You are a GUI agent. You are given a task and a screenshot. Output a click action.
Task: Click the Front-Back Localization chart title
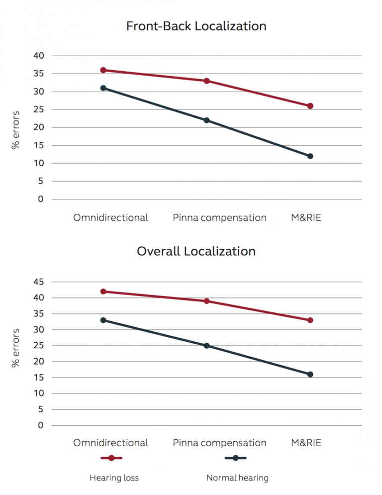196,26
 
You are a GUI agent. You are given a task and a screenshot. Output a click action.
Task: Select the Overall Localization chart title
196,251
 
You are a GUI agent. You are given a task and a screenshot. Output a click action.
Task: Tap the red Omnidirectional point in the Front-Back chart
103,70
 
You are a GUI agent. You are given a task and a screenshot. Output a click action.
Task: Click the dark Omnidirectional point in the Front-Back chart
103,88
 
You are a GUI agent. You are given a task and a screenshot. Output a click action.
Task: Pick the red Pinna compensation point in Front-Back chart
207,81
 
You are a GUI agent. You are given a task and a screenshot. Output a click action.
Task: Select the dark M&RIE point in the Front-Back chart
310,156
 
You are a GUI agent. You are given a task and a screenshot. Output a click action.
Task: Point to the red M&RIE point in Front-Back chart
310,106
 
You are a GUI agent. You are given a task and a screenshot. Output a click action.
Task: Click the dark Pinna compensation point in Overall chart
207,346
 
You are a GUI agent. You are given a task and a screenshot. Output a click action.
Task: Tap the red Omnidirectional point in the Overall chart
103,292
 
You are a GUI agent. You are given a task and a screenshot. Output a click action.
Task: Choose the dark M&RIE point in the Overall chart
310,375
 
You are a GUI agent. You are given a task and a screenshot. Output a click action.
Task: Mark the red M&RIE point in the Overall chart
310,320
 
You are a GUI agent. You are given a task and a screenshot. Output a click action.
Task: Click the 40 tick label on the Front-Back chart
39,56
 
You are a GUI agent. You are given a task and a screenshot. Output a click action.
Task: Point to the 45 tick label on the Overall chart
39,282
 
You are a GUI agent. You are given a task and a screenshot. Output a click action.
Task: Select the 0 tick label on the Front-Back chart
41,199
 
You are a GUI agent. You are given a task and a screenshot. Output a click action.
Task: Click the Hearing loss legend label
114,478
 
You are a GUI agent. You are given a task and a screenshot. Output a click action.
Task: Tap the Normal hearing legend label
237,478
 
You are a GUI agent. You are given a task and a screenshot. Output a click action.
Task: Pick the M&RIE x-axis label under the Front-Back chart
306,218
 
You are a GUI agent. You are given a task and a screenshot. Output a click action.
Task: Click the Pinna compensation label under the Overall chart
219,443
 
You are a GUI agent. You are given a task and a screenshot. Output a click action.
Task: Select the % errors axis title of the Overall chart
15,348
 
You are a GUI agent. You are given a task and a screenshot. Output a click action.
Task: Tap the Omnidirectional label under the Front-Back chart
110,218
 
